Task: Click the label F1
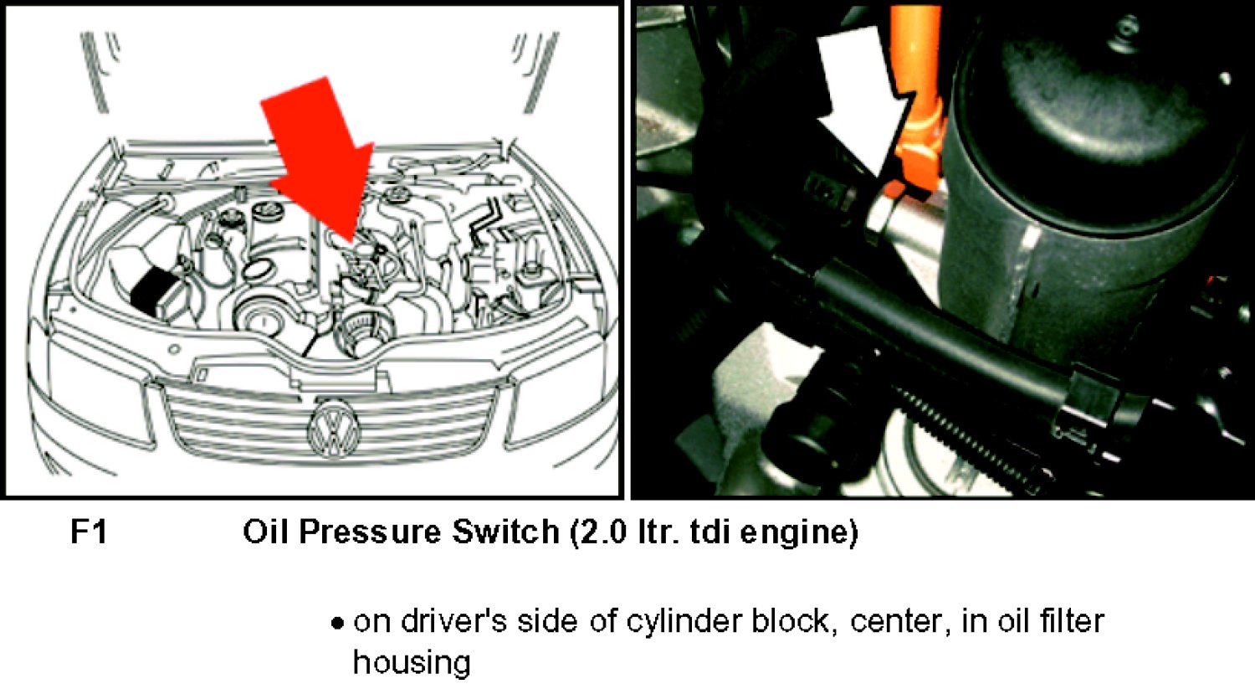(89, 532)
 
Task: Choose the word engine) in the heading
(799, 532)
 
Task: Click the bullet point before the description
(336, 623)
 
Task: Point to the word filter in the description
(1069, 621)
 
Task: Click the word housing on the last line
(412, 663)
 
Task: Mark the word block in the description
(795, 621)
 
